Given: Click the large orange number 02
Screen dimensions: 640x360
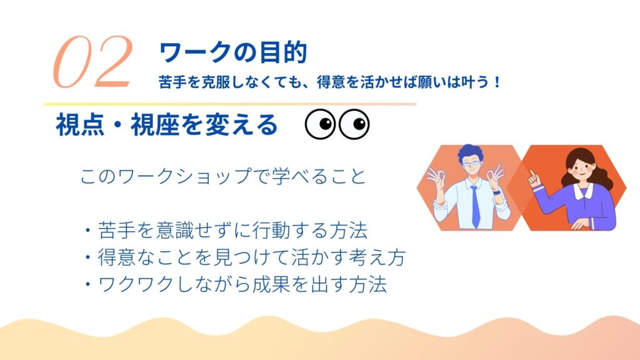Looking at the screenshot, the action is [93, 62].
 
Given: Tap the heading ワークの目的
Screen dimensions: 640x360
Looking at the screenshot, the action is [232, 52].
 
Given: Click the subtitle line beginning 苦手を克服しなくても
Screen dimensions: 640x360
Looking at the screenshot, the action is [330, 82].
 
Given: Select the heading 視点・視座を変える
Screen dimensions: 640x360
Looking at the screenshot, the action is [166, 125].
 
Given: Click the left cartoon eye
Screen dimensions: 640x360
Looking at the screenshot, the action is [321, 124].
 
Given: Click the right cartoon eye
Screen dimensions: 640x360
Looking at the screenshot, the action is [354, 124].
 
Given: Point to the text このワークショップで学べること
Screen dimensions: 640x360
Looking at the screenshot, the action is [223, 176].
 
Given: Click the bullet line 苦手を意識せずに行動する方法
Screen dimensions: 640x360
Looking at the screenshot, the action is [226, 231].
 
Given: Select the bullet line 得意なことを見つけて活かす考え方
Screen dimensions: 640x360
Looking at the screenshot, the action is [245, 257].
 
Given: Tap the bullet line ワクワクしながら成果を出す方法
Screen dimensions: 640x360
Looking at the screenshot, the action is [235, 284].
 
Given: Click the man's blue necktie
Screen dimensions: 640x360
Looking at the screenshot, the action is [475, 206].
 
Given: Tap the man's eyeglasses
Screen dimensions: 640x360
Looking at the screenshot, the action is [471, 163].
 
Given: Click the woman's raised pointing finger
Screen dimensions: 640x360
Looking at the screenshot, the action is [532, 174].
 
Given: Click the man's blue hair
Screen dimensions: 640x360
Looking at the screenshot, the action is [470, 152].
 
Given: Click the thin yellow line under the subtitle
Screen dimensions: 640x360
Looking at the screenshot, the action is [230, 104].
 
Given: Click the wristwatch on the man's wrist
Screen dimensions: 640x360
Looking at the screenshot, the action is [496, 192].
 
